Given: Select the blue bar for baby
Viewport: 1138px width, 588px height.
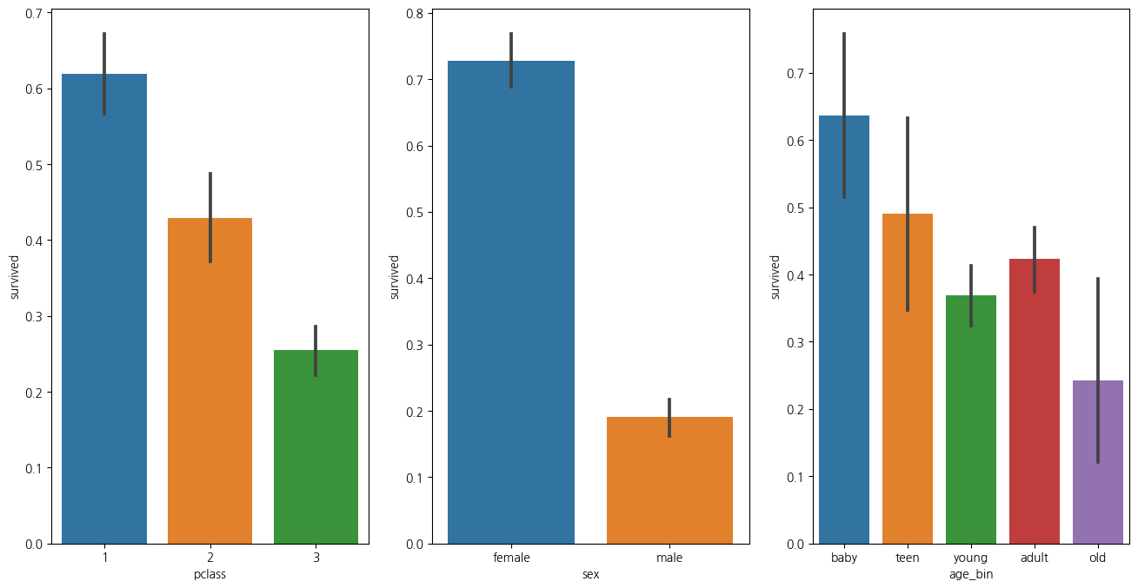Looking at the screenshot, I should click(844, 329).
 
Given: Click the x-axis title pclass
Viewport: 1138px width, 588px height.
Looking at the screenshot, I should click(210, 574).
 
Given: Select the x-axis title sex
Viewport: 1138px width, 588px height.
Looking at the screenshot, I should click(590, 574).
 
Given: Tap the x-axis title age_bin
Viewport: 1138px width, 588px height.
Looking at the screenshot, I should click(970, 574).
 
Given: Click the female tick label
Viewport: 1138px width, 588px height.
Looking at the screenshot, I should click(511, 558).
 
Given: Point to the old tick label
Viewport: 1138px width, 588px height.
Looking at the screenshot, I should click(1097, 558).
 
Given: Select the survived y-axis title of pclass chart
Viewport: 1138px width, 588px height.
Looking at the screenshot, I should click(15, 276).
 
